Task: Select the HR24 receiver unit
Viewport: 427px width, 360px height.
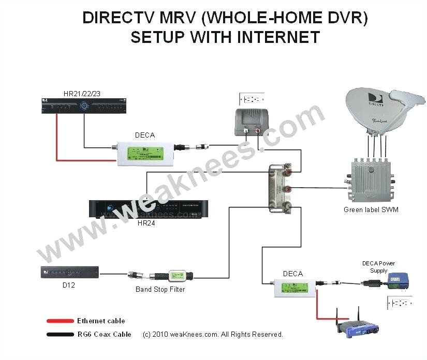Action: (x=145, y=208)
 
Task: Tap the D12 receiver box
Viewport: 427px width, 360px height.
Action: (x=69, y=272)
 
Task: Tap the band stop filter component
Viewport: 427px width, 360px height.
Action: (x=174, y=275)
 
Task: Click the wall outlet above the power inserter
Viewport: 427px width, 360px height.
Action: (x=251, y=99)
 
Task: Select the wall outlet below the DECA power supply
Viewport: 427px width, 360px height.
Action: (x=400, y=303)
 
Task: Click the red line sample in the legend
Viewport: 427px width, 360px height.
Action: (x=60, y=321)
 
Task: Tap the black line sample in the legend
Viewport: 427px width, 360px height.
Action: (x=60, y=335)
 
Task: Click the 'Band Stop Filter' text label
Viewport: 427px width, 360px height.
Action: (x=160, y=290)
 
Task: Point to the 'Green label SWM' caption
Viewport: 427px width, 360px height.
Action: (x=371, y=209)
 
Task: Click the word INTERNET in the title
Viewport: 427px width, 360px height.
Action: (x=275, y=38)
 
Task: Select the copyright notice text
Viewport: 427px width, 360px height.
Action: (x=213, y=335)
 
